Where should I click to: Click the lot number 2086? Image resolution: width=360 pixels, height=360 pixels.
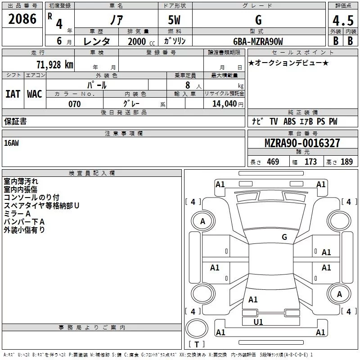click(22, 19)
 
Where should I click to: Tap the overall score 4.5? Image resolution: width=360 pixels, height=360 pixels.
click(342, 21)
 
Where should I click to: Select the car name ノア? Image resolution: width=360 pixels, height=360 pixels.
click(116, 20)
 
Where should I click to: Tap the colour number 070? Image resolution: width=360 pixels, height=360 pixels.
click(75, 104)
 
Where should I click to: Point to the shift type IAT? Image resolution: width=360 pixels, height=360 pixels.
click(13, 94)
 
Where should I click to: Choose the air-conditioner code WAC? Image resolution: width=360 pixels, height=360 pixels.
click(35, 94)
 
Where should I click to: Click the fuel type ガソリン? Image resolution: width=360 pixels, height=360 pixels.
click(175, 41)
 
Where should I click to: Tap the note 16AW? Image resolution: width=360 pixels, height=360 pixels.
click(12, 143)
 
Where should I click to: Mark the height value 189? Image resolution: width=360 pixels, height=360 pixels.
click(346, 162)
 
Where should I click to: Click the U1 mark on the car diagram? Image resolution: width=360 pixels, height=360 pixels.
click(258, 322)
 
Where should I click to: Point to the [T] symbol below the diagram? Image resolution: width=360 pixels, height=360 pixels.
click(197, 345)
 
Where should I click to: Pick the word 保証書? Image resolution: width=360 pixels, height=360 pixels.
click(15, 121)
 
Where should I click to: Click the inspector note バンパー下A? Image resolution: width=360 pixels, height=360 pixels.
click(24, 222)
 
